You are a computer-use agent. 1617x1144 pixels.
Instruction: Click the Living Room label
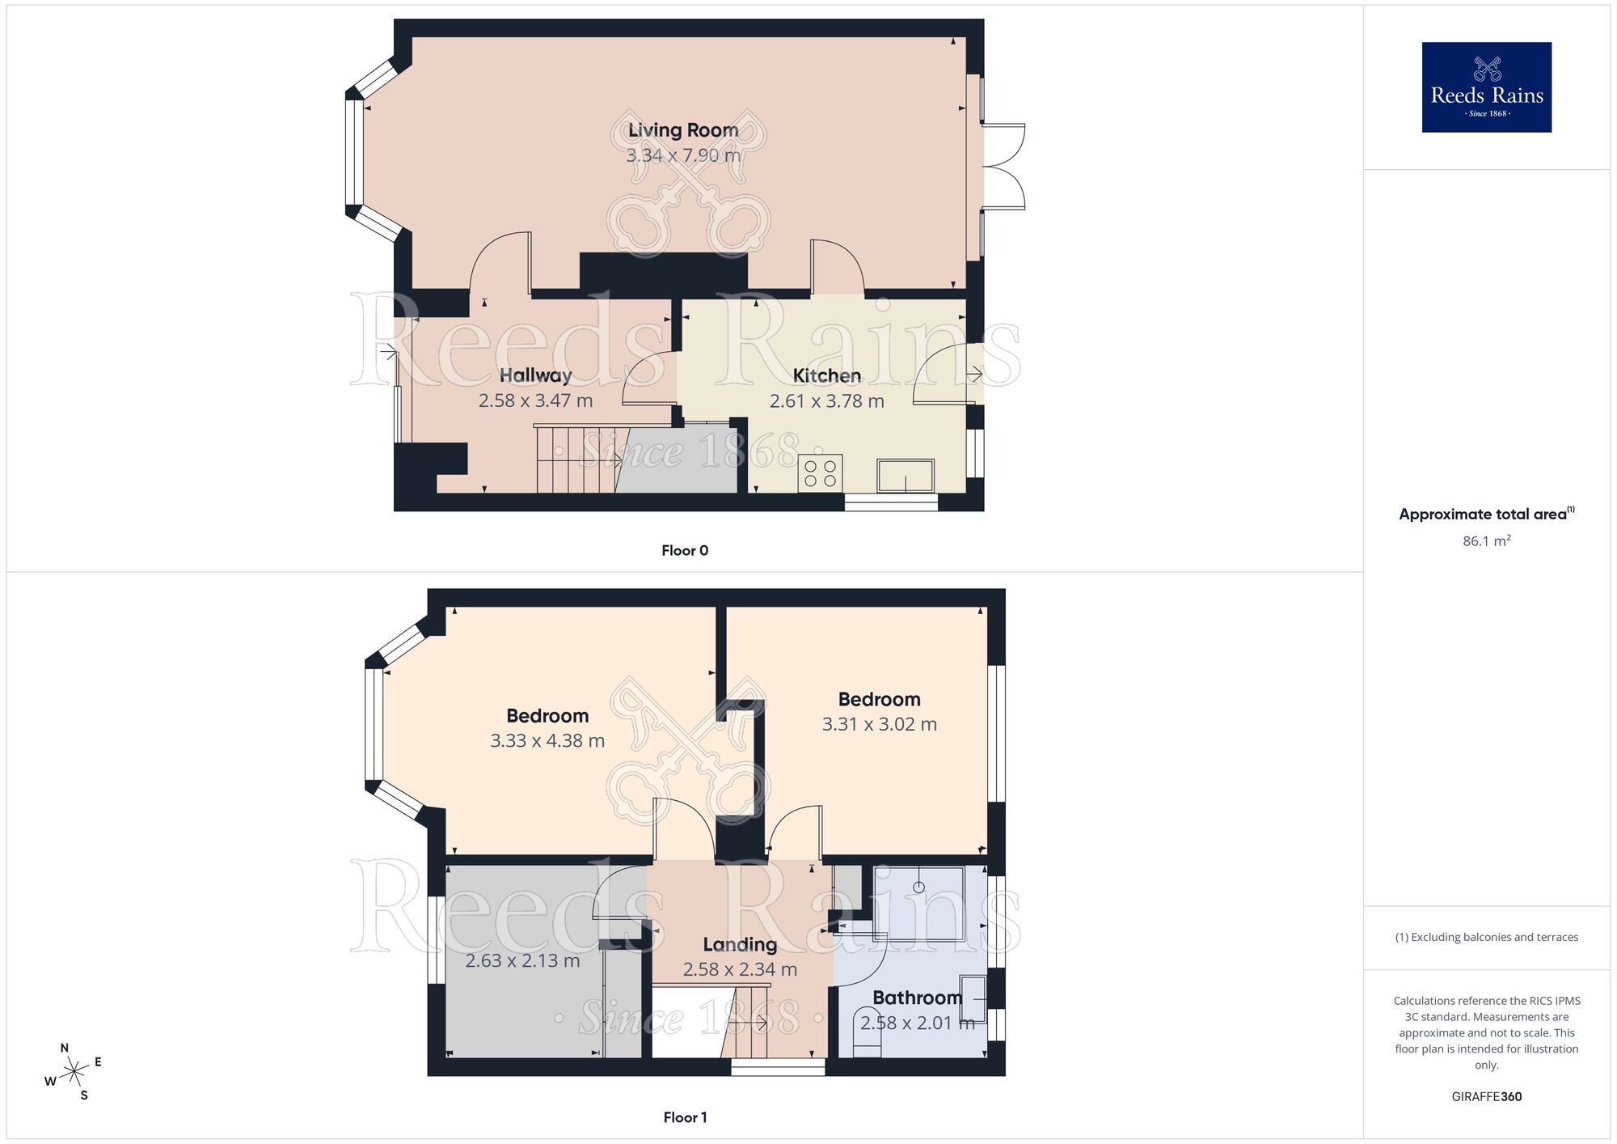pos(683,130)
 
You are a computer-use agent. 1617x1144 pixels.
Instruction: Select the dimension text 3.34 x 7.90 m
pos(683,155)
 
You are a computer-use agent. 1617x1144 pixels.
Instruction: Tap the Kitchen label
pos(826,375)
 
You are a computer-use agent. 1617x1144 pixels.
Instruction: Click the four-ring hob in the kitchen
pos(820,473)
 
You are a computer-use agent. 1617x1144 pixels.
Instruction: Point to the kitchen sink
pos(906,475)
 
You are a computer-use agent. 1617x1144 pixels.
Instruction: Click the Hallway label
pos(535,375)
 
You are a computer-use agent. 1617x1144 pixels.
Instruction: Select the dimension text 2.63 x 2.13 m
pos(522,961)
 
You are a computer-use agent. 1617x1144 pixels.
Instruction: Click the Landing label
pos(740,944)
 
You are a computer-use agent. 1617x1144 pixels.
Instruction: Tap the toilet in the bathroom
pos(867,1033)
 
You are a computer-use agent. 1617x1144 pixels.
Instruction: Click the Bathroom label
pos(917,998)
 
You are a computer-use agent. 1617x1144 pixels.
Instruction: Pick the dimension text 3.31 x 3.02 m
pos(879,724)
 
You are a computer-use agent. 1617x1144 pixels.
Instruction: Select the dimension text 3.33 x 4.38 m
pos(547,740)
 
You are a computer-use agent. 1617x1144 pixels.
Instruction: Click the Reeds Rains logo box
pos(1486,87)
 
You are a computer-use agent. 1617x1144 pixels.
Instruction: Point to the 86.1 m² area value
pos(1486,541)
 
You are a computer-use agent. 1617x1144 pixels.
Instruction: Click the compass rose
pos(74,1072)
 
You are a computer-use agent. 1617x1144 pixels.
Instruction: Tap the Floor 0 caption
pos(685,551)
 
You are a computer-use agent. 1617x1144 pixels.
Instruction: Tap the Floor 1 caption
pos(685,1117)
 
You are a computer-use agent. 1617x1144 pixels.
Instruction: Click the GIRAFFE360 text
pos(1486,1097)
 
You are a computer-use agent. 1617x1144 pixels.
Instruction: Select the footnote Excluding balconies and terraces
pos(1486,937)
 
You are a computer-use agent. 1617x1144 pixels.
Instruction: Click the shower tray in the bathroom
pos(919,902)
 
